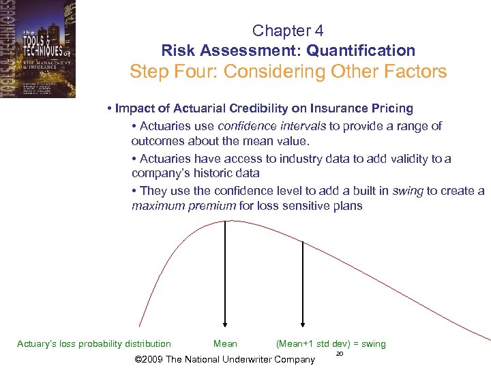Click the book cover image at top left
point(38,49)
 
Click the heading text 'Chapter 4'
point(288,31)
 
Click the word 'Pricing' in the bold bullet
point(391,108)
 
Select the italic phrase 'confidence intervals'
point(271,126)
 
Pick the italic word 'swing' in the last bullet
point(408,191)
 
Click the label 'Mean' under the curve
point(226,344)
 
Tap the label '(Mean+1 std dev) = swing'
point(331,344)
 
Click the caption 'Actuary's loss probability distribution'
point(94,344)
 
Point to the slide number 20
point(339,354)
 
